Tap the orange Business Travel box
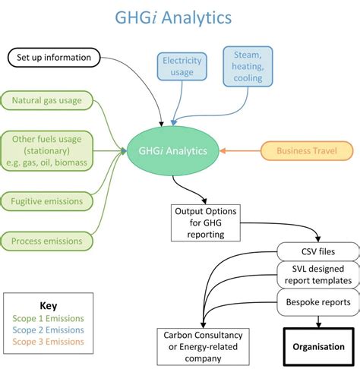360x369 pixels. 307,150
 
